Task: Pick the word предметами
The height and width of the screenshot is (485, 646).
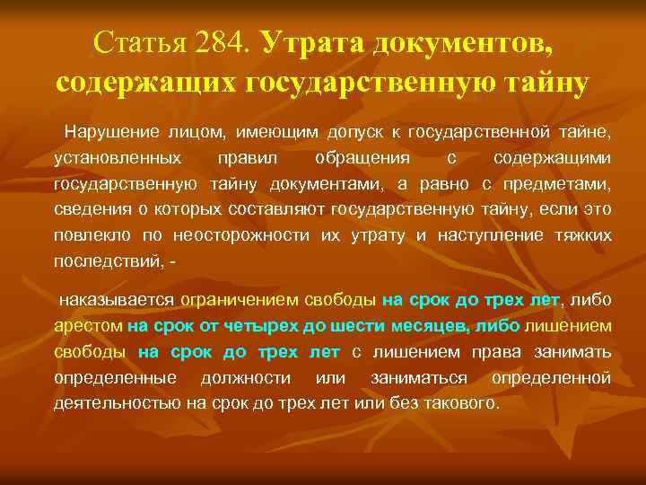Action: coord(562,185)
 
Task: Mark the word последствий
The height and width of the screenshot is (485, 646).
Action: coord(107,261)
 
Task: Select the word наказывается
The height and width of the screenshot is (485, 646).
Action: coord(116,299)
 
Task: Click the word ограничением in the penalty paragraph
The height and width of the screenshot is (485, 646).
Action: coord(235,299)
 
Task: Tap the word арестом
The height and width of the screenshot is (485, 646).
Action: coord(88,325)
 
